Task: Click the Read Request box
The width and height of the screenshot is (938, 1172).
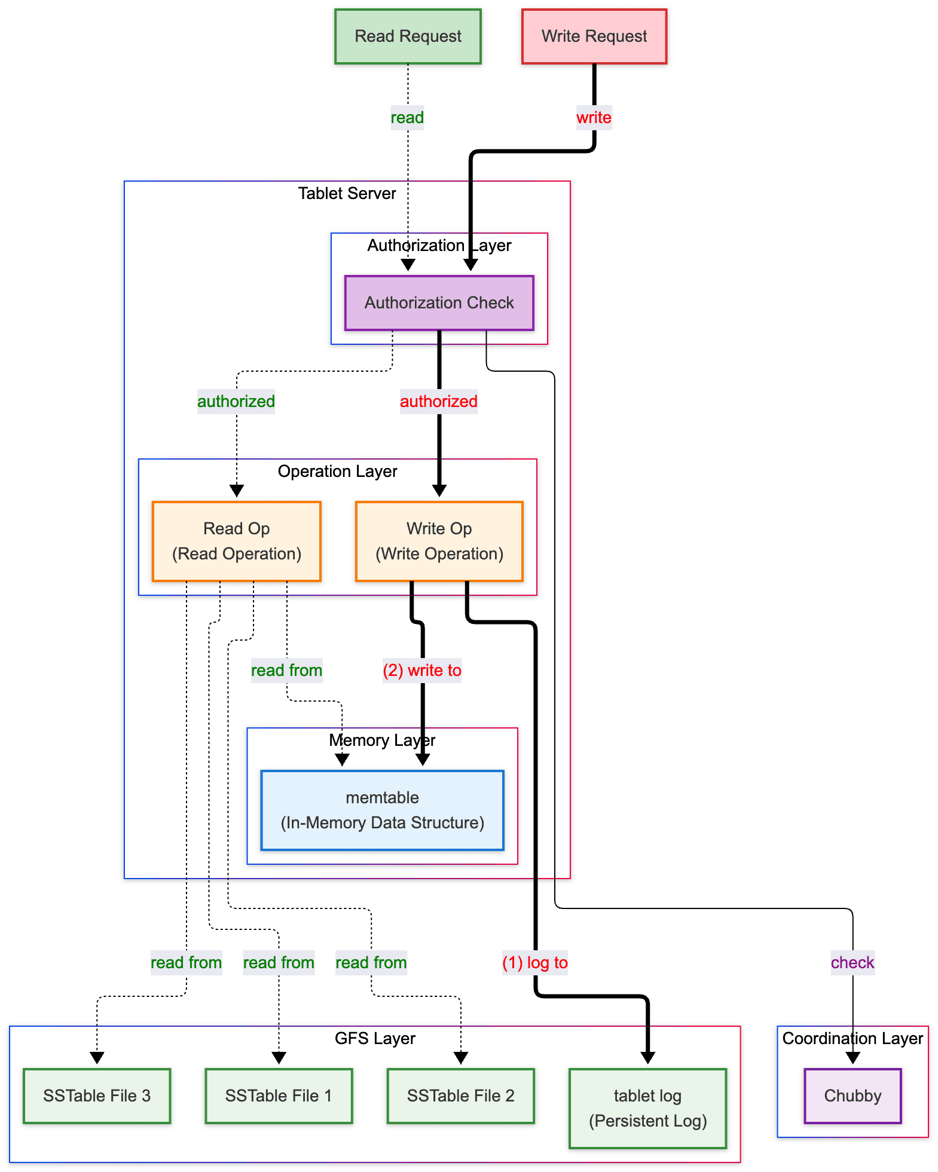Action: (408, 36)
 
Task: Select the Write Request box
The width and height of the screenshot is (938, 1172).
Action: (594, 36)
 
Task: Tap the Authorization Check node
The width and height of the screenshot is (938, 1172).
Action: (439, 303)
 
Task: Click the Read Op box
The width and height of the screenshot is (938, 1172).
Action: (237, 541)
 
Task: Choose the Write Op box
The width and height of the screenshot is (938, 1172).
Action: (439, 541)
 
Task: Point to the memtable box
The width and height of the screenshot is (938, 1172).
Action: (383, 810)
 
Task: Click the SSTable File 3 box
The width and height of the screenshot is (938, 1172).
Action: (97, 1096)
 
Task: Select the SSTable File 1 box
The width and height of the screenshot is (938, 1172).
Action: (279, 1096)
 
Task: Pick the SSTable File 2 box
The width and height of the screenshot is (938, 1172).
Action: (461, 1096)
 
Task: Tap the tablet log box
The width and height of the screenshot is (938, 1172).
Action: (648, 1109)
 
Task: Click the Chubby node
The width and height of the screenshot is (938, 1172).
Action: (853, 1096)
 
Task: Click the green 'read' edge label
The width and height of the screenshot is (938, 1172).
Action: (407, 118)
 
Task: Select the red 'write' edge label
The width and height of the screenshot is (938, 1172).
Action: (594, 118)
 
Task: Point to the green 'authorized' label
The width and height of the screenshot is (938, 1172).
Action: (236, 402)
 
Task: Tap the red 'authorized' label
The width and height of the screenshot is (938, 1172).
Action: (439, 402)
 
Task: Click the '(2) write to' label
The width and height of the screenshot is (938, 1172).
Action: (422, 671)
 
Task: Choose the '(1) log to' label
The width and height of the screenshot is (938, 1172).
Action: (535, 963)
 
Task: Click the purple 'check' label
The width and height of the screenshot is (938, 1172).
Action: (853, 963)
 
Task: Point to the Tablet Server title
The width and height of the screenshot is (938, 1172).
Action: (347, 194)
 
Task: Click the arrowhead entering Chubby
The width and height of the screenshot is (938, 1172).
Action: (853, 1058)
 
